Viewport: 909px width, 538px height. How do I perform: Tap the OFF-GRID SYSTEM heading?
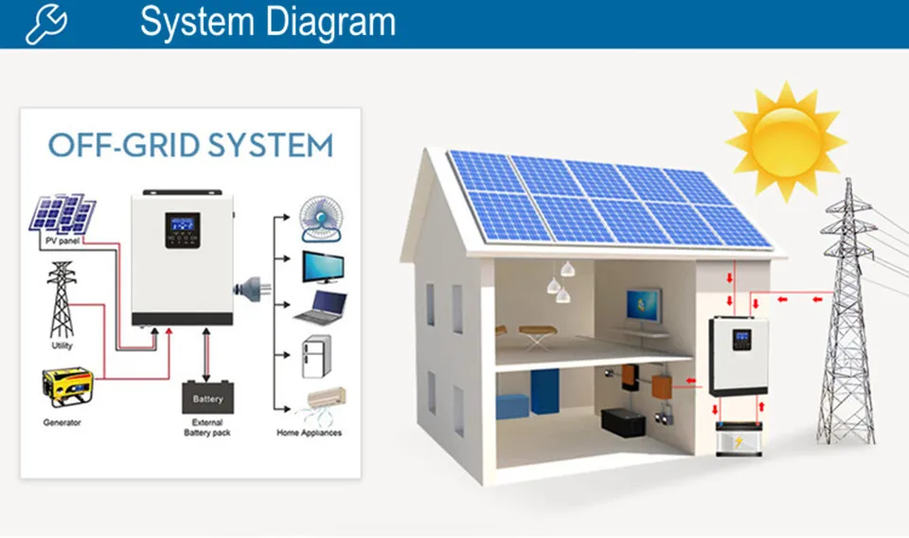click(190, 146)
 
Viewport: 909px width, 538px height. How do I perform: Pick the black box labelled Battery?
click(207, 397)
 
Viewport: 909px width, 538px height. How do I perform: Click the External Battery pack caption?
click(207, 427)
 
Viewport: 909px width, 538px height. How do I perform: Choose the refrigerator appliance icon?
click(315, 357)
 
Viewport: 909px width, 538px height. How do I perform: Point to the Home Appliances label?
click(309, 433)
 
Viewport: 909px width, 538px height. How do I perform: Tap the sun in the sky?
click(785, 140)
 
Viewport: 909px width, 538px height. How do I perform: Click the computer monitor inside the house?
click(643, 307)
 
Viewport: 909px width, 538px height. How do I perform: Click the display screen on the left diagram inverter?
click(181, 225)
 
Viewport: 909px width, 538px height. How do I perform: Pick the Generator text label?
click(62, 422)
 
